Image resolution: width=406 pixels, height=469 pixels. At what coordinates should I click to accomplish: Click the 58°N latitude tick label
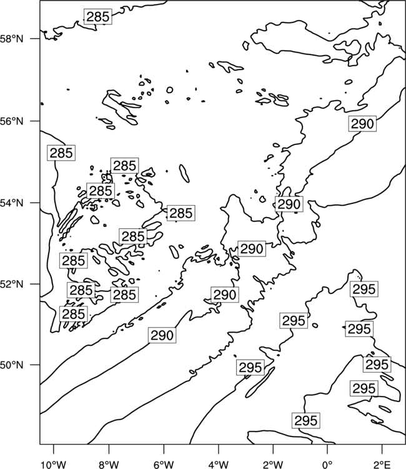click(x=12, y=39)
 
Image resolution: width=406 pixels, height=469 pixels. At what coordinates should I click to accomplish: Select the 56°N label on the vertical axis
click(x=12, y=121)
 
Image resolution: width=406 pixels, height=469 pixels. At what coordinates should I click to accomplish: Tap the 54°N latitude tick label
click(x=12, y=203)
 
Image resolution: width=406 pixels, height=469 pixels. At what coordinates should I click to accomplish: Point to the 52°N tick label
click(x=12, y=284)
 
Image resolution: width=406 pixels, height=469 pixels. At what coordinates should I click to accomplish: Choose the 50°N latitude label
click(x=12, y=365)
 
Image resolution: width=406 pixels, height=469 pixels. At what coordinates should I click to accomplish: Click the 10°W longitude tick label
click(x=54, y=465)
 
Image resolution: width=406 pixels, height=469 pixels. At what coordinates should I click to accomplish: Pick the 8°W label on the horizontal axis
click(x=109, y=465)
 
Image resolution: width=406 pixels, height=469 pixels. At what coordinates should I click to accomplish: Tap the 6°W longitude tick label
click(x=164, y=465)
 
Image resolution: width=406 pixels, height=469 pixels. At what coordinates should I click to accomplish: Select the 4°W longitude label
click(x=219, y=465)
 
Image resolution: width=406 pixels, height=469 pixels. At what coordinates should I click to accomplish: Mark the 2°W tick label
click(x=273, y=465)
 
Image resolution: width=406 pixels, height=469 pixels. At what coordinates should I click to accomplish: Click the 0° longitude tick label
click(x=327, y=465)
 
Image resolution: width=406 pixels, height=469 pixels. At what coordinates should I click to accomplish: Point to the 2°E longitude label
click(x=382, y=465)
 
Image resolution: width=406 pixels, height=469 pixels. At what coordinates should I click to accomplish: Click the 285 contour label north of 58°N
click(x=98, y=16)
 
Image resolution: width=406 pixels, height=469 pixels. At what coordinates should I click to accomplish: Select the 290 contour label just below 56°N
click(x=362, y=124)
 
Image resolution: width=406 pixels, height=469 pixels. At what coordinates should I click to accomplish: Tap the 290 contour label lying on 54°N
click(x=289, y=204)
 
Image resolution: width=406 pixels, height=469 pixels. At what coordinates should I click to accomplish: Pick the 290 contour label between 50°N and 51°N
click(x=162, y=335)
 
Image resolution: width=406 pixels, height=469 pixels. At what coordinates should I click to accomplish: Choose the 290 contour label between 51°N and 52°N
click(x=225, y=295)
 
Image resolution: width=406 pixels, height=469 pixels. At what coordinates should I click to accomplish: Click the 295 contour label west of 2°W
click(x=250, y=367)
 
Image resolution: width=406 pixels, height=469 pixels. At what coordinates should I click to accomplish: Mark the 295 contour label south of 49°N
click(x=306, y=421)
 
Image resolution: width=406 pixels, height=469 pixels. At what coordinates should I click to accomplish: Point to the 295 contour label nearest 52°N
click(x=364, y=289)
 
